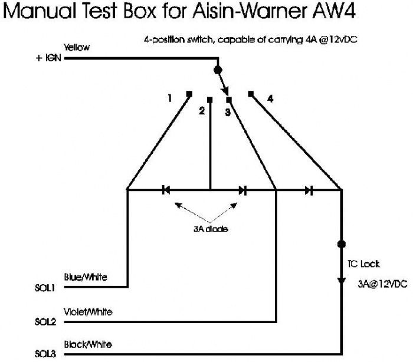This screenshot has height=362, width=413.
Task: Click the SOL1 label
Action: (x=45, y=288)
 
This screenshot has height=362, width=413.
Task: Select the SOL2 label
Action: (x=45, y=322)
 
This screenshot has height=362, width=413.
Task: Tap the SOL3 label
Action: (x=45, y=354)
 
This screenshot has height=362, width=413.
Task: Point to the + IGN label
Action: (x=48, y=58)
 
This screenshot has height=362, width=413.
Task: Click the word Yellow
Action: (x=77, y=47)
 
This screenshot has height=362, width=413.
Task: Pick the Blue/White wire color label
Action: (x=86, y=277)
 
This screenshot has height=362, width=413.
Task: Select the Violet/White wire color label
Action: (x=88, y=312)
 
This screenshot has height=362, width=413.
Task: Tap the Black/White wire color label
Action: (x=88, y=344)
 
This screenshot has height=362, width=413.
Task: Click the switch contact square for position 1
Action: (x=189, y=94)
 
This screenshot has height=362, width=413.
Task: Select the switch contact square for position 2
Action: (x=209, y=100)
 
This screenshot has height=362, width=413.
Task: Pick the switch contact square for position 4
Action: (x=251, y=94)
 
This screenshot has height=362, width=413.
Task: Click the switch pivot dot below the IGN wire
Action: (x=218, y=70)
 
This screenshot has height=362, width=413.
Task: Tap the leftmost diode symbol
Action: (x=166, y=190)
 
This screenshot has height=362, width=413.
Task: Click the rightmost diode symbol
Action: (x=309, y=190)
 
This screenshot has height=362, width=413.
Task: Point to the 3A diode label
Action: (x=211, y=229)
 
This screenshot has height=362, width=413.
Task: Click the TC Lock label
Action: (x=363, y=264)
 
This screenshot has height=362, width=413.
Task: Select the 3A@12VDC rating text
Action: (x=382, y=284)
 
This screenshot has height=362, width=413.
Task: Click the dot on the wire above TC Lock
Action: (x=342, y=244)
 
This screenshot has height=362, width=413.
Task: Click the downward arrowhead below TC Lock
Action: (x=342, y=281)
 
